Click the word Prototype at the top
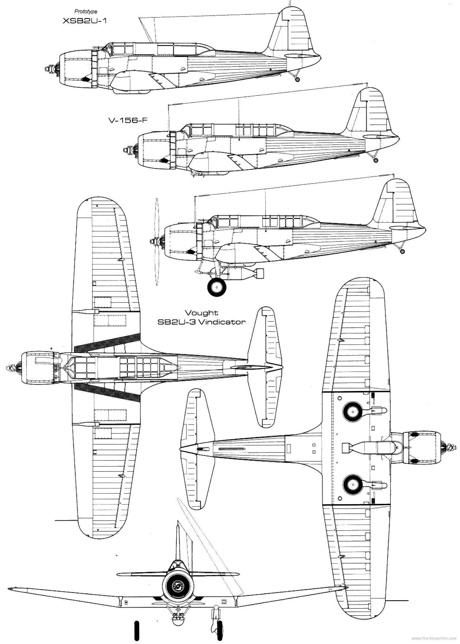pyautogui.click(x=86, y=11)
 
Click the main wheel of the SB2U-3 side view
pyautogui.click(x=217, y=287)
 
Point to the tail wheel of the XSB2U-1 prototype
pyautogui.click(x=297, y=80)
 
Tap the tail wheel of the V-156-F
pyautogui.click(x=376, y=160)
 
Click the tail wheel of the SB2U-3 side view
pyautogui.click(x=403, y=251)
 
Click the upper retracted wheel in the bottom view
pyautogui.click(x=352, y=412)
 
